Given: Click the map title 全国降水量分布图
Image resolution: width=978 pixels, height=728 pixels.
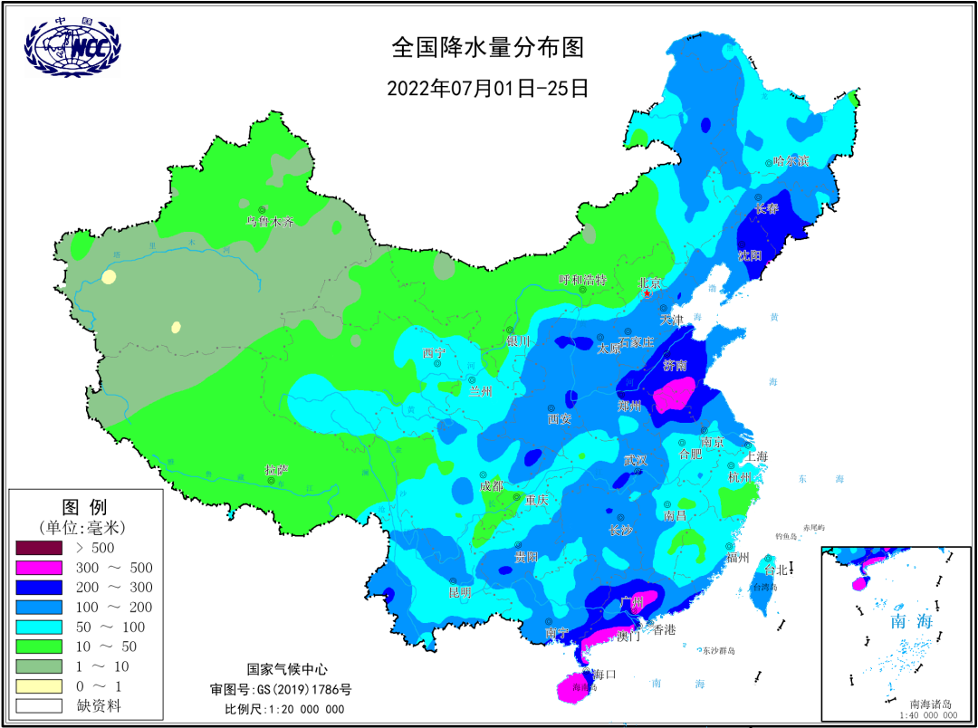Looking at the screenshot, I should (487, 46).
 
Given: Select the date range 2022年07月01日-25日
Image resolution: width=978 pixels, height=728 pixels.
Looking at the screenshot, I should (488, 89).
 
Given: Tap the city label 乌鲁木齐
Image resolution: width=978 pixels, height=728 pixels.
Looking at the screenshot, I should (270, 221).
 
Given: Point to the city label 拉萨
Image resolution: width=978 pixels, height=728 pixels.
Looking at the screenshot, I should (277, 470).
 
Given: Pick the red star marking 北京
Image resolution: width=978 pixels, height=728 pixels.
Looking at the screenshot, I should (646, 293).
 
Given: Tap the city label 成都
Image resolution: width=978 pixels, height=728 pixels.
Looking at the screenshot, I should (492, 486).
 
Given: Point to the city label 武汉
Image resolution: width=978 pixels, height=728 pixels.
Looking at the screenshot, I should (636, 460).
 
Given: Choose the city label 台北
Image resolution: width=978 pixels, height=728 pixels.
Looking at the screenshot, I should (777, 570).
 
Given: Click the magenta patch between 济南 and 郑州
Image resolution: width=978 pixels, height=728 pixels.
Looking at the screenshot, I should (675, 395).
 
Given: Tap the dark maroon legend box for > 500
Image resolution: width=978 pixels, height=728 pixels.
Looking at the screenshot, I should (38, 548).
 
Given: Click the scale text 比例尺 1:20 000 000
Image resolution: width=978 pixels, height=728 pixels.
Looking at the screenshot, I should (284, 708).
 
